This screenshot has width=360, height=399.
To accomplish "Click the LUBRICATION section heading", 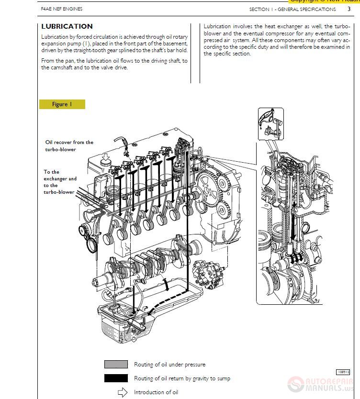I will [67, 26].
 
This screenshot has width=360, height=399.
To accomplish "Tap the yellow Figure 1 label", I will [62, 104].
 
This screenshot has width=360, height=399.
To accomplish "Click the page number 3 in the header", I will [349, 9].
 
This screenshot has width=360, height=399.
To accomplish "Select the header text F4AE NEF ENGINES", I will [62, 9].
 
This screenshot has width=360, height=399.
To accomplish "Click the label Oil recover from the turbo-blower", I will [69, 145].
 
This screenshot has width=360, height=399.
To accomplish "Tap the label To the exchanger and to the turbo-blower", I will [60, 182].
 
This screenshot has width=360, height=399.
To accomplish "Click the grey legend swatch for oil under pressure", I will [116, 365].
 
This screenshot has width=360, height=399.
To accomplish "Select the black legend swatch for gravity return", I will [116, 378].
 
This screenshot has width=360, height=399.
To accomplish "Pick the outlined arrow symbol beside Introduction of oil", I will [123, 392].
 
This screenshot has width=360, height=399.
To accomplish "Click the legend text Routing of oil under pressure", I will [169, 365].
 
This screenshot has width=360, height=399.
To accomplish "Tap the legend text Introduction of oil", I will [156, 392].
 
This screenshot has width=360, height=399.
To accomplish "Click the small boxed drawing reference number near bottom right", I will [343, 372].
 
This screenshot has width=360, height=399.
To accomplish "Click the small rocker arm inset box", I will [270, 124].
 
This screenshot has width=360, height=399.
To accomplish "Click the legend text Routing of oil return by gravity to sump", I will [182, 378].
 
